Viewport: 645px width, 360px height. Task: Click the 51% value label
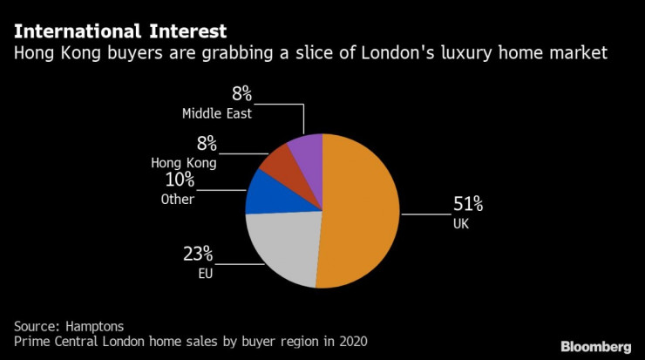467,205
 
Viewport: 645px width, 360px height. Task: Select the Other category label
177,200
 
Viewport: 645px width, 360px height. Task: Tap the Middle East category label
218,113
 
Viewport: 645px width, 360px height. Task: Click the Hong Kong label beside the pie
183,162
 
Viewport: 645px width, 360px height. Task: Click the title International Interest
120,31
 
